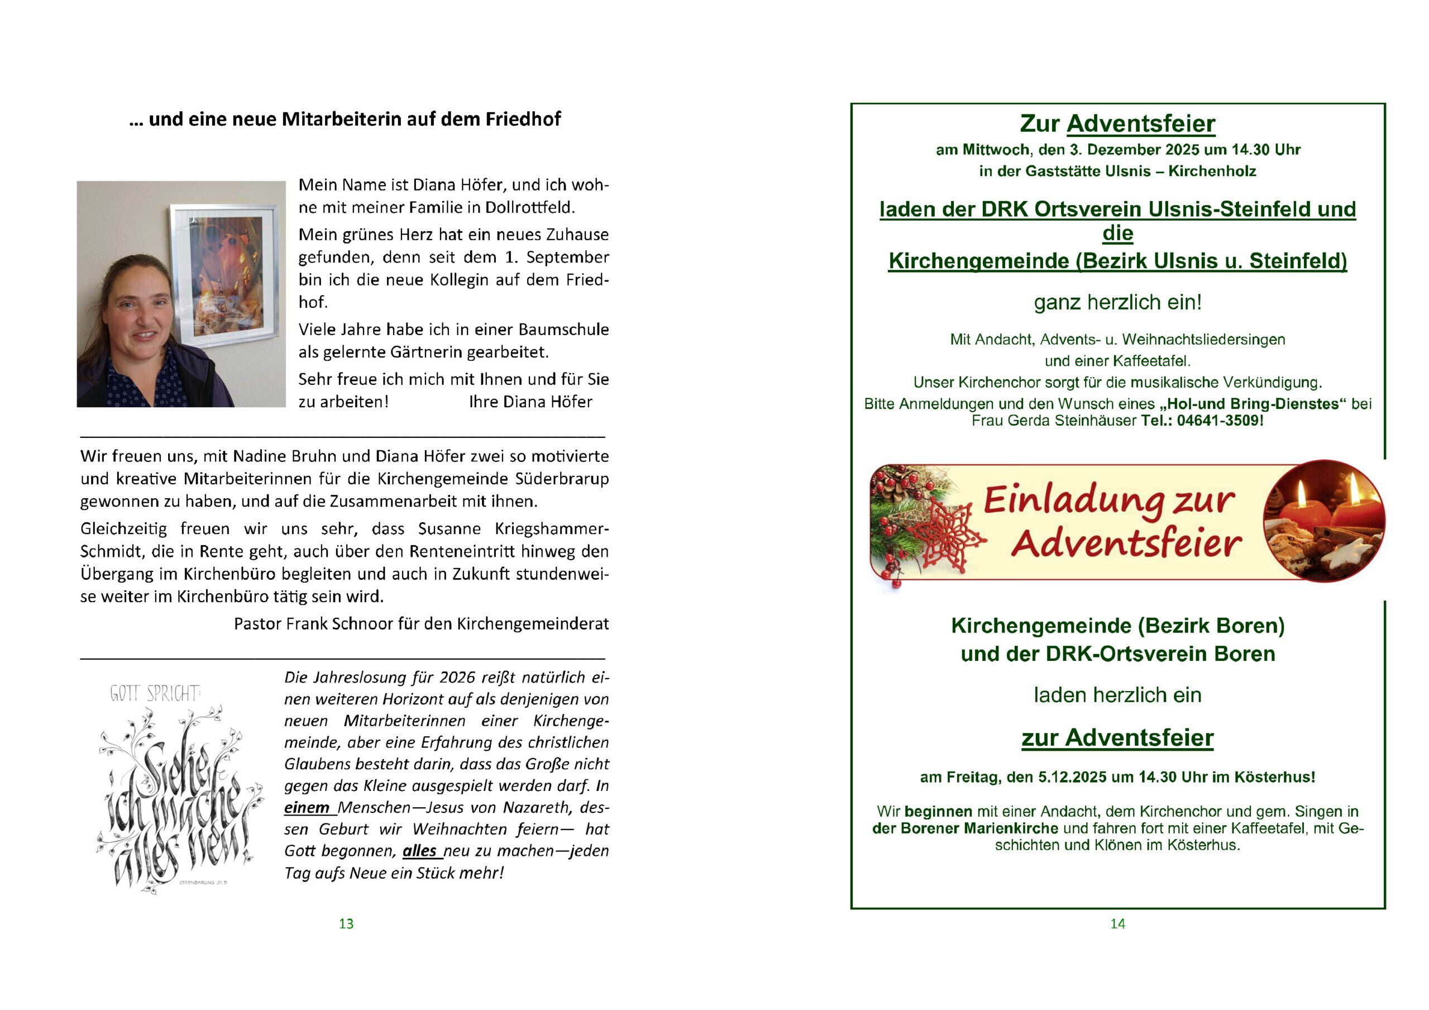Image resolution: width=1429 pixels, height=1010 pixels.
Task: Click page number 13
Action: [x=346, y=923]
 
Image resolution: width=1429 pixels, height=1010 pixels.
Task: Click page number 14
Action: [x=1117, y=923]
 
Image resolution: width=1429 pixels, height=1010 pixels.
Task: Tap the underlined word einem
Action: [x=307, y=808]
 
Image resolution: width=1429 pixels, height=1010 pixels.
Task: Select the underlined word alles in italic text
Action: [x=419, y=851]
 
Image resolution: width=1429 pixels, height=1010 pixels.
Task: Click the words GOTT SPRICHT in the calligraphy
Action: [x=155, y=693]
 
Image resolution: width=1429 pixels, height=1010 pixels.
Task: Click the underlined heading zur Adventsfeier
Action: [x=1117, y=738]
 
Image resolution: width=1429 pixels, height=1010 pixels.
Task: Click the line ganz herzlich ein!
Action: [x=1117, y=303]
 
